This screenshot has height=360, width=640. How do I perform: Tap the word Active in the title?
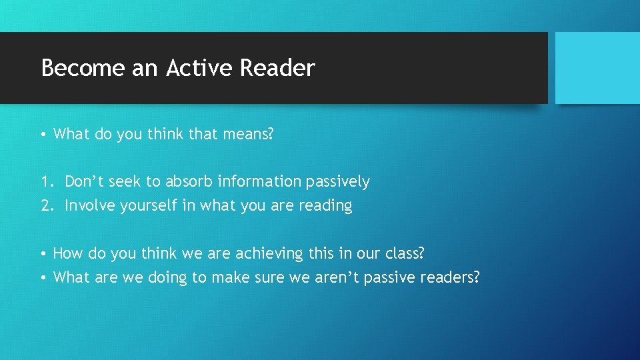(199, 68)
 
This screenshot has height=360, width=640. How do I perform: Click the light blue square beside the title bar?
(597, 68)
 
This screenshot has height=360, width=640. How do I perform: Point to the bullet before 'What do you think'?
(43, 134)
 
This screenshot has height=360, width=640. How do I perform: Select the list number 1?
(44, 181)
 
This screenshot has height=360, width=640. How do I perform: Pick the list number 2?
(44, 205)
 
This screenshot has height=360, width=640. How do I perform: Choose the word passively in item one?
(338, 182)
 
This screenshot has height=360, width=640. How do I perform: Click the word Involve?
(90, 205)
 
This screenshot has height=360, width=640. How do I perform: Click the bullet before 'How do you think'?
(43, 253)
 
